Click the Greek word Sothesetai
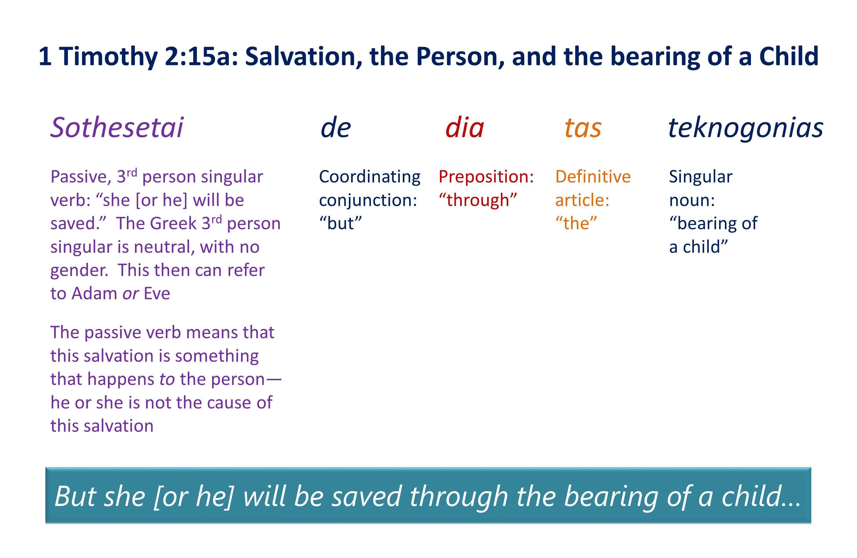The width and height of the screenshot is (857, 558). click(x=117, y=127)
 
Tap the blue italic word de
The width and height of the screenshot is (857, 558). click(x=336, y=127)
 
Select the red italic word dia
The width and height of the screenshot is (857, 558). click(x=465, y=127)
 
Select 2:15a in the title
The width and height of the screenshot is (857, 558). click(x=202, y=57)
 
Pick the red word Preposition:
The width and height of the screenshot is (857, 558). click(x=486, y=177)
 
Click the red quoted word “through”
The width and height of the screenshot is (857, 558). click(x=478, y=200)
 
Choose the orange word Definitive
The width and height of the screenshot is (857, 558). click(x=593, y=177)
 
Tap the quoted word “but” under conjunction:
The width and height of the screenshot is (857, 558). click(x=341, y=223)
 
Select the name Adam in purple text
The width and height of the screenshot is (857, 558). click(x=95, y=294)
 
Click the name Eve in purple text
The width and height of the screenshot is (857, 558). click(x=157, y=294)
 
